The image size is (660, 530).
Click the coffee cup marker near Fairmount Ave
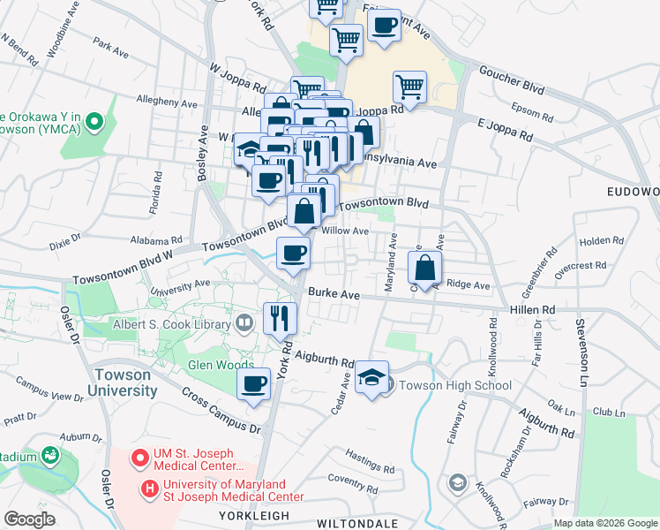coord(384,26)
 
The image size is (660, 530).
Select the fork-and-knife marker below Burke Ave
coord(281,318)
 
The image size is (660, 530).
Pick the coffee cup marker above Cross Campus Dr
coord(254,384)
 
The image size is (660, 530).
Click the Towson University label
coord(124,382)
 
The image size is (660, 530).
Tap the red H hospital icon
coord(149,487)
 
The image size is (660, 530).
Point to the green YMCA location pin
coord(96,123)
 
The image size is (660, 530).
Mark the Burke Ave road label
coord(334,294)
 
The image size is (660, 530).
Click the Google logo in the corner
coord(29,519)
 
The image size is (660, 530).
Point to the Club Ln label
coord(608,411)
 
